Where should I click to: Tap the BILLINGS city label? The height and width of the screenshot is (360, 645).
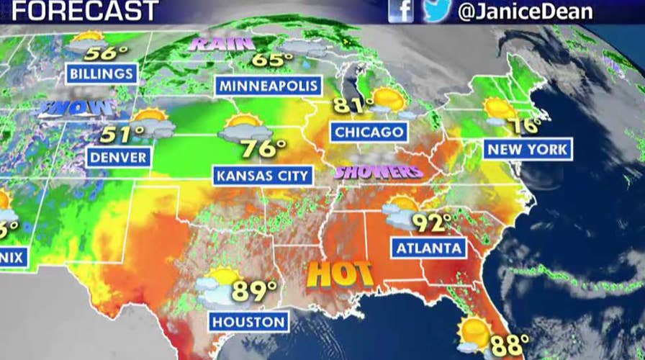point(102,73)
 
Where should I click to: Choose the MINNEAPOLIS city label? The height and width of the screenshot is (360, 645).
point(269,86)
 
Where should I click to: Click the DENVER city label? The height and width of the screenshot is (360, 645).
point(119,156)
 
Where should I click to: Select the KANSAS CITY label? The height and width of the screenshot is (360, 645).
point(262,175)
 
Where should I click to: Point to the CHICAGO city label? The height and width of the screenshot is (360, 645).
point(369,132)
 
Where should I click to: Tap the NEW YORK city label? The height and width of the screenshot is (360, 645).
point(528,149)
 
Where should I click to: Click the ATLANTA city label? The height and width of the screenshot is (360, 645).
point(428,248)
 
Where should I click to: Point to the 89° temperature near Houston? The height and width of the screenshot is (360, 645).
point(254,292)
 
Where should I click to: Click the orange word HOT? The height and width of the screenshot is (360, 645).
point(340,274)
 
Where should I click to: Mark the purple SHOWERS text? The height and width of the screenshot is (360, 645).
point(377,172)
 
